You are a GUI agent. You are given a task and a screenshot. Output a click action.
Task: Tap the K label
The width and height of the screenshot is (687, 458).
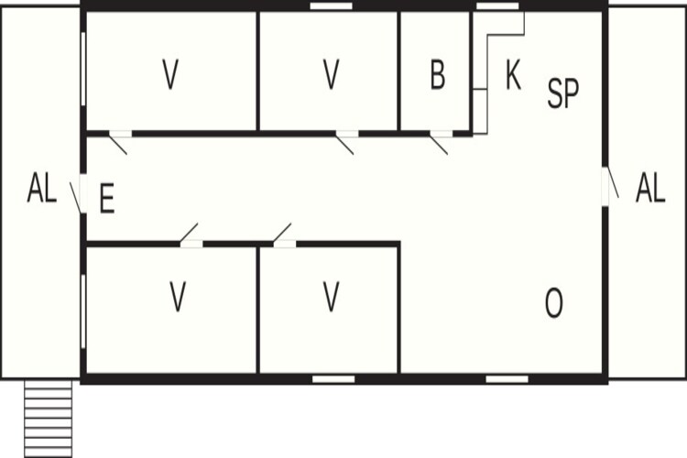click(513, 75)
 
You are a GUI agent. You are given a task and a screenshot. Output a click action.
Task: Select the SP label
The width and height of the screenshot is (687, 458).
click(563, 93)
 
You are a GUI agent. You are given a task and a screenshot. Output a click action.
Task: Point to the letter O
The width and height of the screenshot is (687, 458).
click(554, 303)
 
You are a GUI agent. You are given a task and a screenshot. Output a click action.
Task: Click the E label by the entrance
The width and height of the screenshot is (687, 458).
click(107, 199)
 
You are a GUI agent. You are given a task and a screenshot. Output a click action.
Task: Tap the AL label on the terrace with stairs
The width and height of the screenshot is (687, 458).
click(42, 188)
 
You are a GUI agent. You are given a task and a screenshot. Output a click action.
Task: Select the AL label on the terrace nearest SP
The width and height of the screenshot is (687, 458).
click(650, 188)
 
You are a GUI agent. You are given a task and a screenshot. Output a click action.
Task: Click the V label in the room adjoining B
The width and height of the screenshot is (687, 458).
click(331, 74)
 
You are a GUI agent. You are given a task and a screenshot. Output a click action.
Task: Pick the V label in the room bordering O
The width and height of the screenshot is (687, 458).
click(331, 297)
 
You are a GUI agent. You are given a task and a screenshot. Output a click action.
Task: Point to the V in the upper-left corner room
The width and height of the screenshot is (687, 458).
click(170, 74)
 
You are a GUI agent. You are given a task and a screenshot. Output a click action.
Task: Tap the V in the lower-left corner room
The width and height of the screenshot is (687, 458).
click(178, 297)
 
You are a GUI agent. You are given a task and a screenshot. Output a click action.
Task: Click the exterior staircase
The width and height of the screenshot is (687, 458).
click(48, 419)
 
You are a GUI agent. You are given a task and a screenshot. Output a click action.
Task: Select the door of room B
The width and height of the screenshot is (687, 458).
click(440, 142)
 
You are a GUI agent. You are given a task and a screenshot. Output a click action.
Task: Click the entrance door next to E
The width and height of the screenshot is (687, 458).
click(78, 196)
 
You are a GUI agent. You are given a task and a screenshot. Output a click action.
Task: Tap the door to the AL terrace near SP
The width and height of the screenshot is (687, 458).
click(610, 186)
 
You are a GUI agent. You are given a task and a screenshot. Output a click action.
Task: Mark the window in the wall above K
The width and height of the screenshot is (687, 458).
click(497, 6)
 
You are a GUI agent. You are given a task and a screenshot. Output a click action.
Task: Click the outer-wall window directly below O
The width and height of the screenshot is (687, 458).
click(507, 379)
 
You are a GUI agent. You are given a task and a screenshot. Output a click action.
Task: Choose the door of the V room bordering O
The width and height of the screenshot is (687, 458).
click(283, 234)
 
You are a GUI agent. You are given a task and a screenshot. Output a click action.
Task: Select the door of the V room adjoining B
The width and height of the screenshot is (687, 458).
click(345, 142)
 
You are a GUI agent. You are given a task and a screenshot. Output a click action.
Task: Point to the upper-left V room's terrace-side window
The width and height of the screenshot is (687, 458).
click(83, 69)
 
